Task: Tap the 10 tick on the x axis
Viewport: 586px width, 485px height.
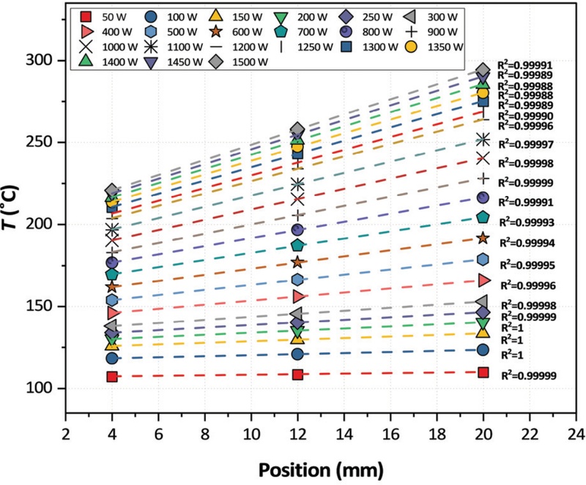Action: (x=251, y=424)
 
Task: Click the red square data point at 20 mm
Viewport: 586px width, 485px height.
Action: (x=483, y=372)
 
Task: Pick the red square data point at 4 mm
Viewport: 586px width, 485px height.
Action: (x=112, y=377)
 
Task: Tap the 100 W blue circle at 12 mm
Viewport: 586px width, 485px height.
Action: (x=297, y=354)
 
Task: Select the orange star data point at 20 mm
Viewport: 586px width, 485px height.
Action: (x=483, y=238)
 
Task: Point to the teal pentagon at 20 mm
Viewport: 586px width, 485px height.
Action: (x=483, y=217)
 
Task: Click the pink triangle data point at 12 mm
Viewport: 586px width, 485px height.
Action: (x=297, y=296)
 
